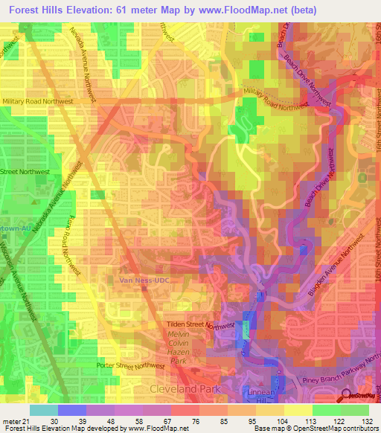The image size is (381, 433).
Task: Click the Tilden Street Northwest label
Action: click(x=199, y=325)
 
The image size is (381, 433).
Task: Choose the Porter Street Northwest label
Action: click(x=130, y=365)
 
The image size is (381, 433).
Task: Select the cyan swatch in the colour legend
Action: click(x=43, y=410)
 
